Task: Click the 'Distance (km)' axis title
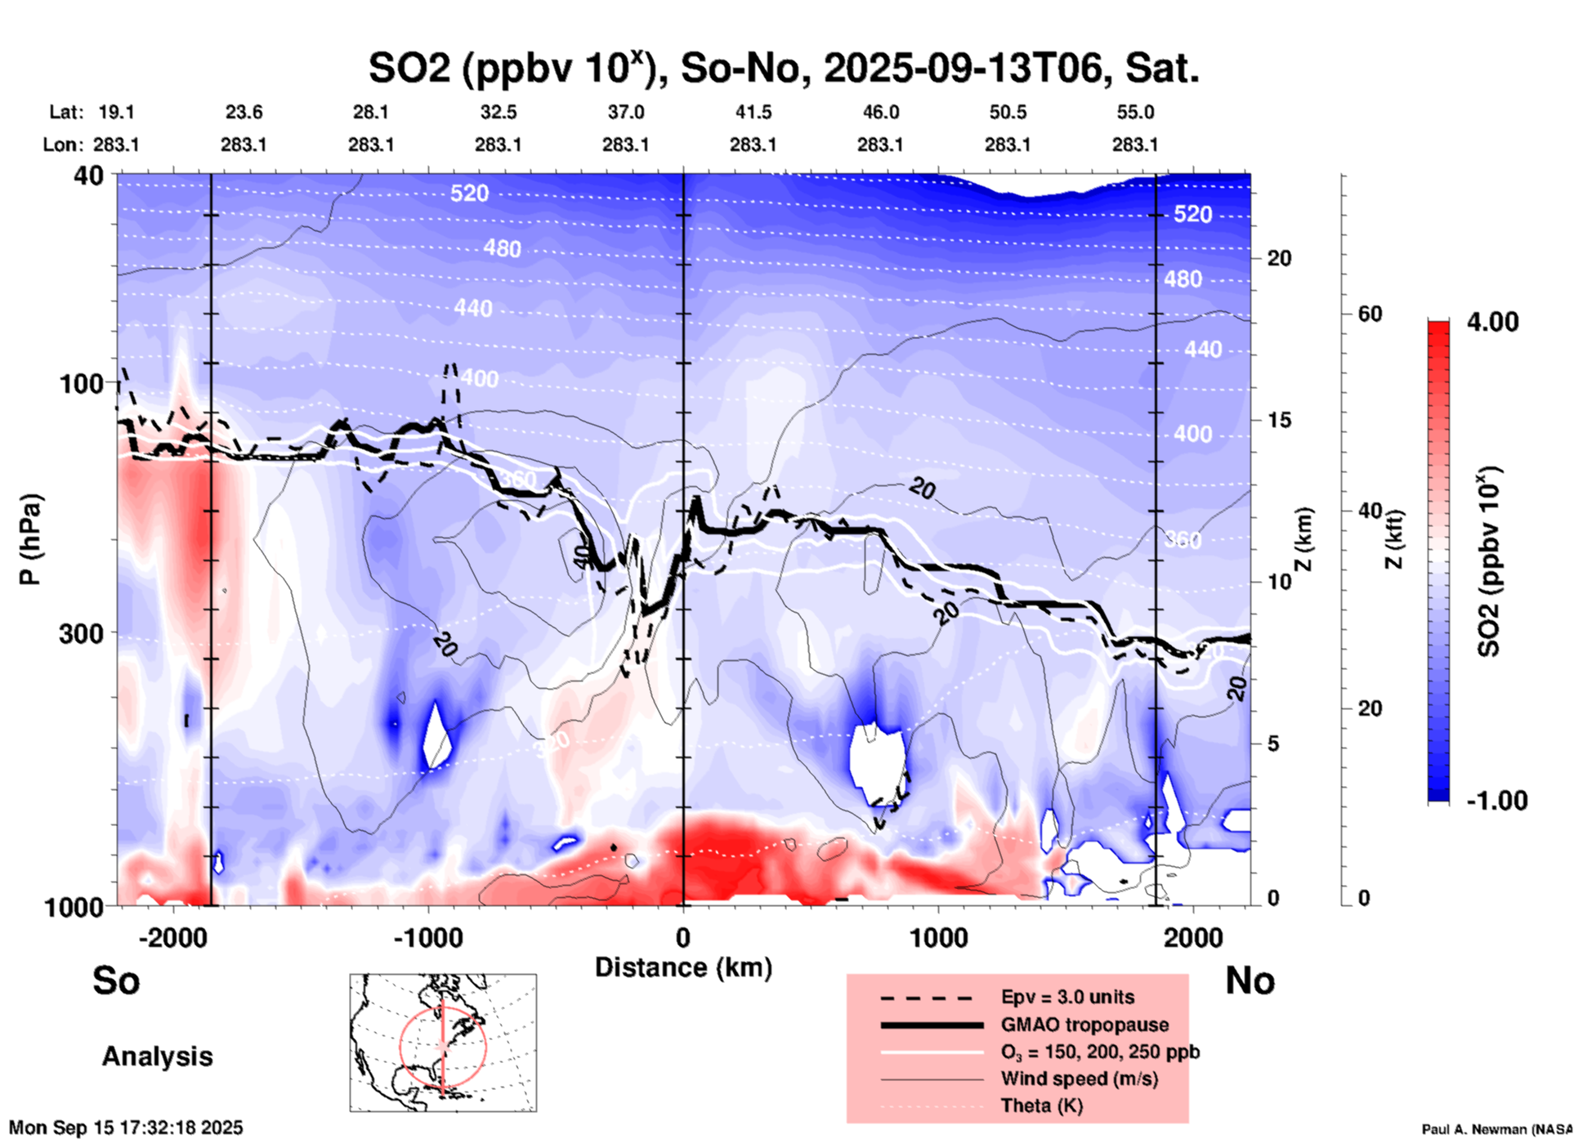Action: [x=683, y=967]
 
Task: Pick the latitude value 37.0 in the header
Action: [x=625, y=112]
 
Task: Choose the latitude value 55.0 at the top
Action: [x=1135, y=112]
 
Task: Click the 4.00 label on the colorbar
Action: [x=1492, y=321]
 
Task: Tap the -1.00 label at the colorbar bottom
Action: [x=1496, y=800]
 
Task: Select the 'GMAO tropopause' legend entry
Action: [x=1084, y=1025]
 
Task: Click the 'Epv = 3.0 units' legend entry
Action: [x=1067, y=997]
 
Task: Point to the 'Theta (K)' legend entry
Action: [x=1041, y=1106]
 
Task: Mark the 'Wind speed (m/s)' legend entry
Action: [x=1079, y=1079]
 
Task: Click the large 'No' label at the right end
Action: [x=1250, y=980]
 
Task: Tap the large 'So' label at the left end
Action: [x=116, y=980]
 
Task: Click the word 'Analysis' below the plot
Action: [x=157, y=1056]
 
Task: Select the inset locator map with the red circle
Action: [x=443, y=1043]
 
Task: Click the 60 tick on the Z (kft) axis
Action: [x=1370, y=314]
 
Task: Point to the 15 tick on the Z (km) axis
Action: [x=1278, y=420]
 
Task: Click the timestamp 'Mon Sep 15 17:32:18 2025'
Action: [x=126, y=1128]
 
